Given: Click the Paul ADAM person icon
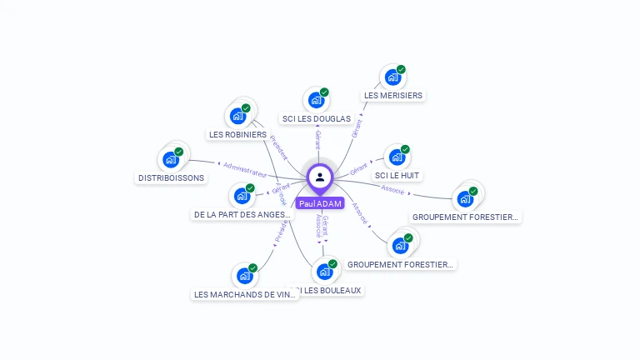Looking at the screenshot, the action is (x=320, y=177).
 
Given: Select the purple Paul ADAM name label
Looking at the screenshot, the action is (x=320, y=203).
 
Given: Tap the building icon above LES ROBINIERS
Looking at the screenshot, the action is (x=238, y=116).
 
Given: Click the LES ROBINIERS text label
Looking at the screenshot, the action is (x=237, y=134).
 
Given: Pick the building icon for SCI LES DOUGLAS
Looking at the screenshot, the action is (x=316, y=100).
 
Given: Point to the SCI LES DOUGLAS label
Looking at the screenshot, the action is (x=316, y=119).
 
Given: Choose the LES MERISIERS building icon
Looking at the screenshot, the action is (x=392, y=77).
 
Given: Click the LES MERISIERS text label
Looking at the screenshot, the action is (x=393, y=96).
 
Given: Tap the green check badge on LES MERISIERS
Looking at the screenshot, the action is (x=401, y=70).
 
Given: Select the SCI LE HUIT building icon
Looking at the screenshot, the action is (x=397, y=157).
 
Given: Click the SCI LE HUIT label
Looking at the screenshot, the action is (x=397, y=176).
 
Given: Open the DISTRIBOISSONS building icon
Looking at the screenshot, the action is (x=171, y=159).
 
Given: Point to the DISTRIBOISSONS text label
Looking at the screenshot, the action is (x=171, y=177).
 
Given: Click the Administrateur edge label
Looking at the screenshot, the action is (x=245, y=169).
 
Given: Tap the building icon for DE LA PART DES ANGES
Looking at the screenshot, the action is (x=242, y=196).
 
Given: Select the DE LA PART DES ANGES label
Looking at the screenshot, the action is (x=242, y=214).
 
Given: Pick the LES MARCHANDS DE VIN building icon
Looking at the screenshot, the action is (x=244, y=276).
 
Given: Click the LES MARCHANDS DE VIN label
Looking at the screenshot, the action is (x=244, y=294).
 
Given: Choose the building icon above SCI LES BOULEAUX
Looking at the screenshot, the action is (x=324, y=272).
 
